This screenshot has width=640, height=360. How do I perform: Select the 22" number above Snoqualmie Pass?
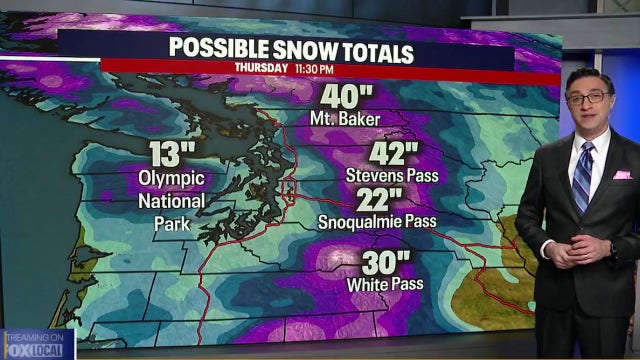(379, 200)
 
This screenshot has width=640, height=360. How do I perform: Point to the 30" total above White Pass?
(386, 264)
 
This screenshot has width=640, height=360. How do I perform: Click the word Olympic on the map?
(171, 179)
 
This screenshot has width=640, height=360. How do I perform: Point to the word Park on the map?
(172, 221)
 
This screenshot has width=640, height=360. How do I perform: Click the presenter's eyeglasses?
(589, 97)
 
